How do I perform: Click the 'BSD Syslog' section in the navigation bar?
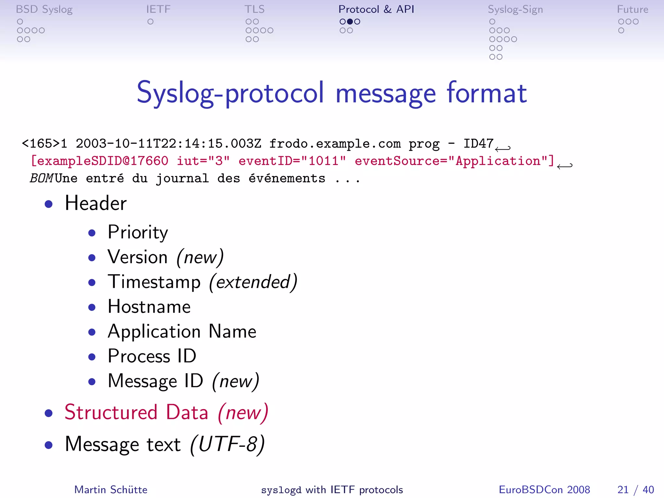44,9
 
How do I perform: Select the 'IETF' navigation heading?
158,9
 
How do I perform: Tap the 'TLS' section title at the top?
255,9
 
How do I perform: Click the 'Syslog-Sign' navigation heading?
515,9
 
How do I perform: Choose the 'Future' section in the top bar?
632,9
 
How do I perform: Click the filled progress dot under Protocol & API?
350,22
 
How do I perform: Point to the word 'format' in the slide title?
486,93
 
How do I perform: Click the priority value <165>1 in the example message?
44,144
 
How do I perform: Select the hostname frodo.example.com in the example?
335,144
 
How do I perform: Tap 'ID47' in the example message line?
478,144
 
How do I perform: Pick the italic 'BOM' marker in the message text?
41,178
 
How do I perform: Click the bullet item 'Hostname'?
149,307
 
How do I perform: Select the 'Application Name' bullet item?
182,331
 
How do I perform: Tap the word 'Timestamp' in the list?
154,282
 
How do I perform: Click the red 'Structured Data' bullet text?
136,412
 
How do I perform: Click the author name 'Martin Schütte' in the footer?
111,490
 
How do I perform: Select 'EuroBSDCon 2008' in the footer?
544,490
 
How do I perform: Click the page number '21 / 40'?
635,490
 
